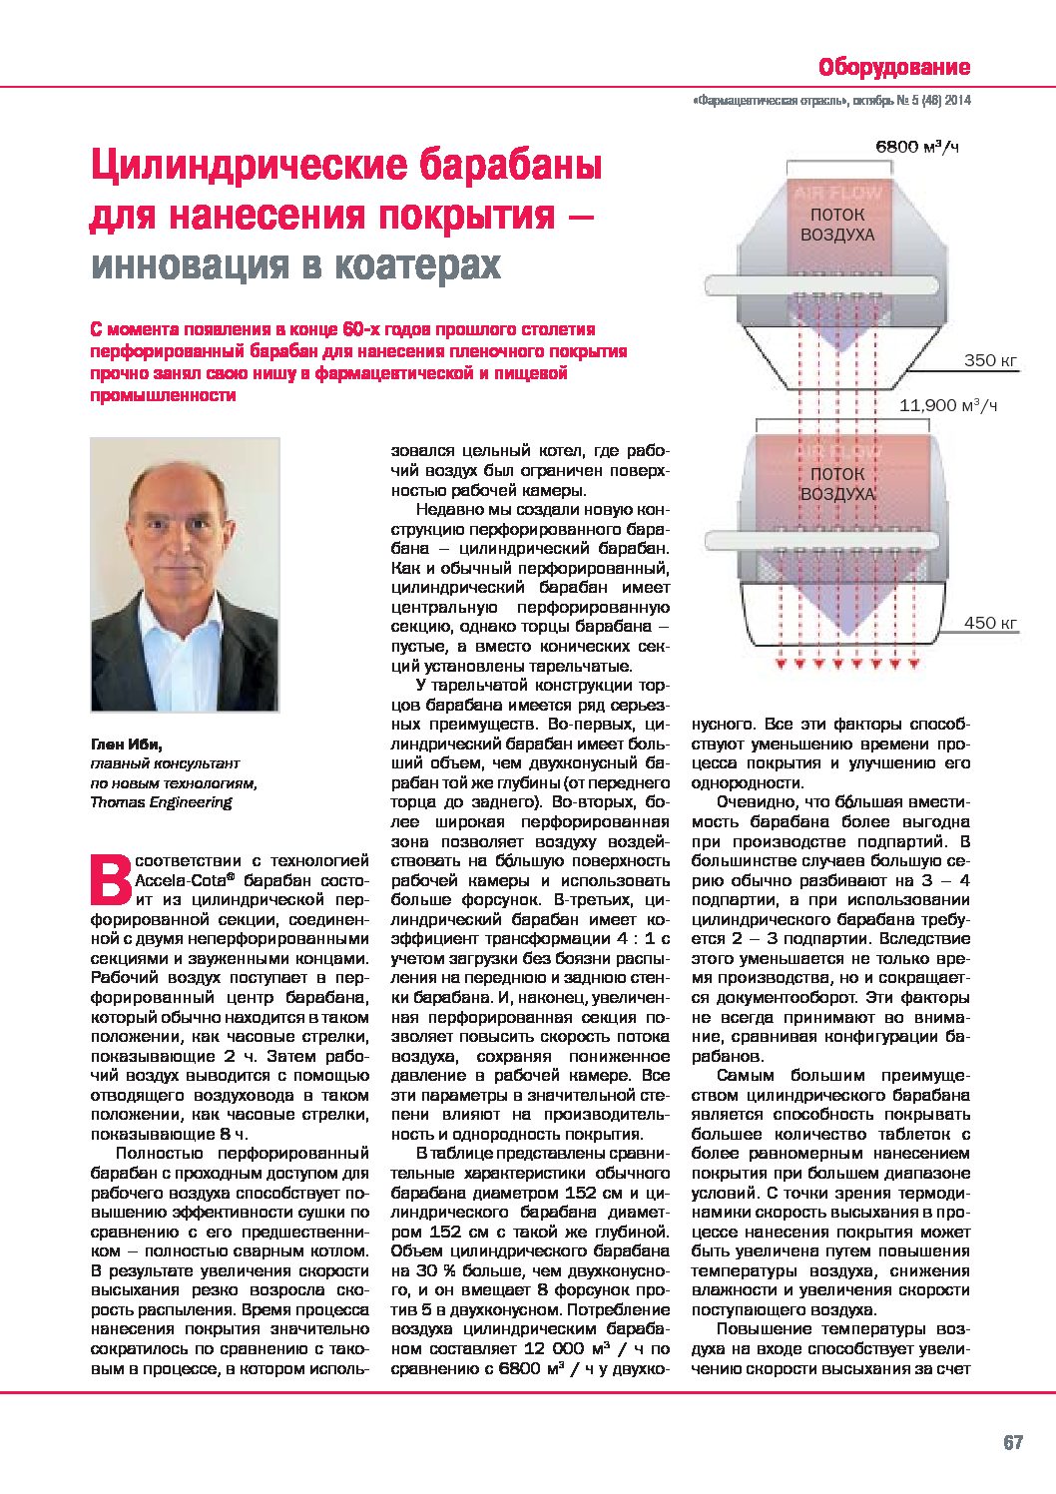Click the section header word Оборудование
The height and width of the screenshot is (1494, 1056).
pyautogui.click(x=893, y=67)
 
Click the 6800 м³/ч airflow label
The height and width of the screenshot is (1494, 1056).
pyautogui.click(x=916, y=147)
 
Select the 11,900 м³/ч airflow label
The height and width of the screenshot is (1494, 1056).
pyautogui.click(x=948, y=405)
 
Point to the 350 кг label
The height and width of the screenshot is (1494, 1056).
pyautogui.click(x=991, y=360)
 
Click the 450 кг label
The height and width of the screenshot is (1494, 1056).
pyautogui.click(x=990, y=623)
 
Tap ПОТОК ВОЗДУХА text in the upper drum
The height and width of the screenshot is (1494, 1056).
pyautogui.click(x=837, y=226)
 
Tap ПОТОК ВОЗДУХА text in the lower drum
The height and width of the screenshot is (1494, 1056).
pyautogui.click(x=837, y=484)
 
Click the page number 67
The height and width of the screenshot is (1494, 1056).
pyautogui.click(x=1013, y=1443)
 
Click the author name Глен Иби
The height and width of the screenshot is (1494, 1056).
pyautogui.click(x=125, y=745)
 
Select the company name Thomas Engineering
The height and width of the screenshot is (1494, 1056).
pyautogui.click(x=161, y=801)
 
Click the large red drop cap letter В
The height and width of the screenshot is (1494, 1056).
pyautogui.click(x=110, y=875)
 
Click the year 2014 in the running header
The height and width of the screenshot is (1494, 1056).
pyautogui.click(x=956, y=101)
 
